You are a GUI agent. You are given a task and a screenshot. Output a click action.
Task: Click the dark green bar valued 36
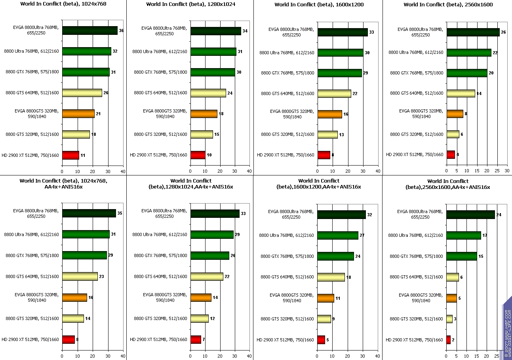click(89, 30)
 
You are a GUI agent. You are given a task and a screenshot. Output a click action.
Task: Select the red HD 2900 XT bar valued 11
click(70, 155)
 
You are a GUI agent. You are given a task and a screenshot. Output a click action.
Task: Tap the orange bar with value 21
click(78, 114)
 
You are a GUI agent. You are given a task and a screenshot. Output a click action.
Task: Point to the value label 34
click(245, 30)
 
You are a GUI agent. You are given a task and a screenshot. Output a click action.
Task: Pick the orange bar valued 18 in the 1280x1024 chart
click(204, 114)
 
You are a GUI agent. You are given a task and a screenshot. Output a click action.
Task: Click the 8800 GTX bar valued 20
click(466, 73)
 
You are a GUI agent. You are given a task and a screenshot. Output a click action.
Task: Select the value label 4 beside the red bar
click(458, 154)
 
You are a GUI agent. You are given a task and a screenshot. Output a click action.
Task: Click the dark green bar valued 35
click(89, 213)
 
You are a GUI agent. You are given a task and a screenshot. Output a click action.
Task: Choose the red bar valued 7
click(196, 339)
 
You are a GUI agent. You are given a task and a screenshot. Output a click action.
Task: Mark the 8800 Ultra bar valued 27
click(337, 235)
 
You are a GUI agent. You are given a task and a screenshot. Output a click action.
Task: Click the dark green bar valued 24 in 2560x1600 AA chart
click(470, 215)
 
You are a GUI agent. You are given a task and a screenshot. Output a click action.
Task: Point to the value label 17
click(485, 235)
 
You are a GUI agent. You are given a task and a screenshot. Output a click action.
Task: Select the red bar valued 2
click(448, 340)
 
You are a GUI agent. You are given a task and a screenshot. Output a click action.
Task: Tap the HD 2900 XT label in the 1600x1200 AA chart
click(285, 340)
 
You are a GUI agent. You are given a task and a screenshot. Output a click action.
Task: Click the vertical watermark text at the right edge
click(507, 333)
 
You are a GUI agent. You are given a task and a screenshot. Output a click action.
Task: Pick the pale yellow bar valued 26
click(82, 93)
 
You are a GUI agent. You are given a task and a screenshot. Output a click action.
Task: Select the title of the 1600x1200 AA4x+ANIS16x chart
click(319, 184)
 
